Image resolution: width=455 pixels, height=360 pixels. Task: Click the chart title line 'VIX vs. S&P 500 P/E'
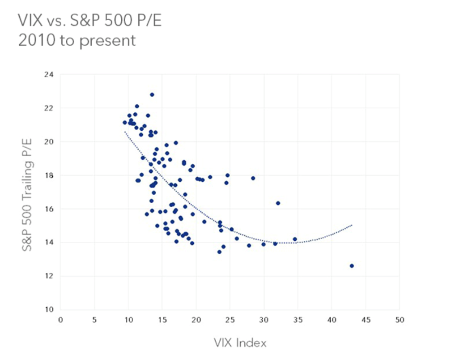click(89, 21)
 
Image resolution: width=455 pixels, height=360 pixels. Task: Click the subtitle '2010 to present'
click(77, 40)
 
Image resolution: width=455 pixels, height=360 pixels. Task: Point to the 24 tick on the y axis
click(49, 74)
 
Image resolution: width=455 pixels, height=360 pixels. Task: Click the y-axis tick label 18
click(49, 175)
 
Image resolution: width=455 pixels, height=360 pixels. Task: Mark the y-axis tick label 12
click(49, 276)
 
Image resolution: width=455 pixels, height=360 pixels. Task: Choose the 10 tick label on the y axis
click(49, 309)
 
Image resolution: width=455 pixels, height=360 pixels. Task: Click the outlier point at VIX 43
click(352, 266)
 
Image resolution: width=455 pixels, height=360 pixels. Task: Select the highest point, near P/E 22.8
click(152, 94)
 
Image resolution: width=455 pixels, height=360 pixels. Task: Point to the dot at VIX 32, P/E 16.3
click(278, 203)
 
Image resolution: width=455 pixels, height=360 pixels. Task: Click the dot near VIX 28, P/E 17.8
click(253, 178)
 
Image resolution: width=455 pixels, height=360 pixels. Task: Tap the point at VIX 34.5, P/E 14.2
click(295, 239)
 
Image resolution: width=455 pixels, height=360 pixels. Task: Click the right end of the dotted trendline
click(352, 225)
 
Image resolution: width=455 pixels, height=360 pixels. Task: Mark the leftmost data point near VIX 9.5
click(125, 122)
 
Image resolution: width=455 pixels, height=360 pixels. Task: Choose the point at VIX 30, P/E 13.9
click(264, 244)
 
